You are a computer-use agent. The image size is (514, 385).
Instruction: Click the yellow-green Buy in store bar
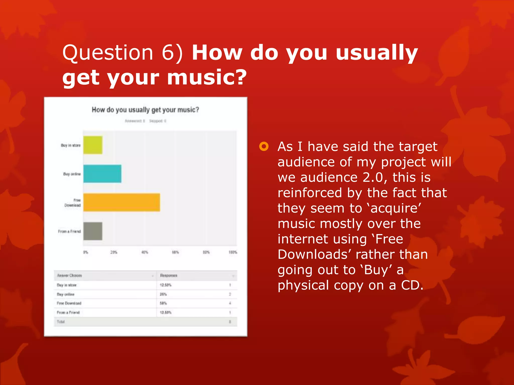click(93, 145)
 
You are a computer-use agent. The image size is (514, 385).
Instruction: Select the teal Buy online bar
click(102, 173)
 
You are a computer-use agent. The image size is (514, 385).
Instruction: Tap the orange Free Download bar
click(121, 202)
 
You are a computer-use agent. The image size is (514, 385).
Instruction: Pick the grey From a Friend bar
click(93, 231)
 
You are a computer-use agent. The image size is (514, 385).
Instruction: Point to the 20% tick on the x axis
click(114, 252)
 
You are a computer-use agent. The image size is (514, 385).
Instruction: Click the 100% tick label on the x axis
click(233, 252)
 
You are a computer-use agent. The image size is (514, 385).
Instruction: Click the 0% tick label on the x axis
click(86, 252)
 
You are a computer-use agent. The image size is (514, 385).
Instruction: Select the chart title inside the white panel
click(145, 110)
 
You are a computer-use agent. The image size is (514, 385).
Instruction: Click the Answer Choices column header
click(70, 275)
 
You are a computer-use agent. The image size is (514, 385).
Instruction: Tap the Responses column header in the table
click(169, 275)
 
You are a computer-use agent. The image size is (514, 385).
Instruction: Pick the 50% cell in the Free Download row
click(163, 303)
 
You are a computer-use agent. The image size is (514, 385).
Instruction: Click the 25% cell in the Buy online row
click(163, 294)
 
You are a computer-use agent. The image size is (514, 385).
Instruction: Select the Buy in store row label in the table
click(67, 285)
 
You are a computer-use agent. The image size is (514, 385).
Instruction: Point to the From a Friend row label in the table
click(68, 313)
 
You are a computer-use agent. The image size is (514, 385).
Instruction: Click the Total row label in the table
click(60, 322)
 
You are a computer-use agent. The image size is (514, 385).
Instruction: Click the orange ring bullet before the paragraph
click(264, 146)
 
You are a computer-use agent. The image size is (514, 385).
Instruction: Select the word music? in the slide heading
click(207, 77)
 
